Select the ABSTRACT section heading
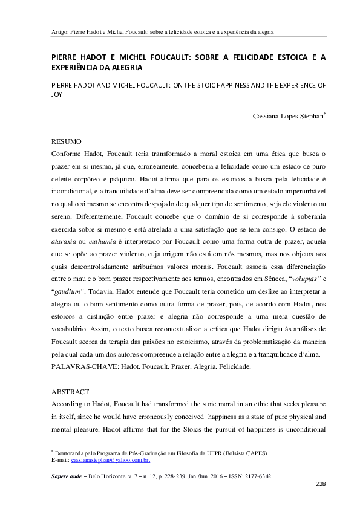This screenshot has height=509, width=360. click(70, 392)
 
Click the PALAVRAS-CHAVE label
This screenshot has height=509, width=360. click(85, 367)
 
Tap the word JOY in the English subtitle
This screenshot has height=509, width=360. click(56, 94)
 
